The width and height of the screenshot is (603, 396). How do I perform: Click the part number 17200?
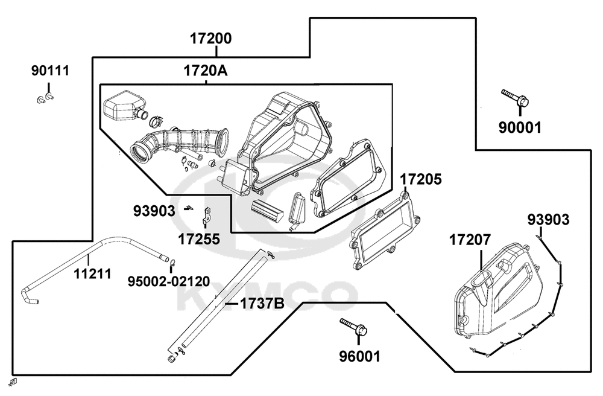coord(211,39)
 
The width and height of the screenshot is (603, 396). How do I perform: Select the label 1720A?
coord(206,71)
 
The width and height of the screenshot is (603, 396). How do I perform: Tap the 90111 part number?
coord(50,71)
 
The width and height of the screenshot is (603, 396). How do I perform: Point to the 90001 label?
coord(520,127)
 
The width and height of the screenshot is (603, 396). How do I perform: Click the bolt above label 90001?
coord(515,98)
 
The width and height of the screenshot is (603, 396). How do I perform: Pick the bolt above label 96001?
coord(353,326)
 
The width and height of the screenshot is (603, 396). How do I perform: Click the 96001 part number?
coord(359,356)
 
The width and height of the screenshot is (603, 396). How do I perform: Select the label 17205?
coord(421,179)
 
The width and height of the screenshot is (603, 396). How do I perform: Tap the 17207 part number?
coord(470,240)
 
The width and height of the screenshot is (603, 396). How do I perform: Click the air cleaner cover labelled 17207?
coord(496,289)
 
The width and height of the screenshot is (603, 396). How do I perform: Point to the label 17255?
coord(199,239)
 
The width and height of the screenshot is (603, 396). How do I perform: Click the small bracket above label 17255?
coord(206,216)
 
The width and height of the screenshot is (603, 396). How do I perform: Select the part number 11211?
coord(92,274)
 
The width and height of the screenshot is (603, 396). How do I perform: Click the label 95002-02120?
coord(169,281)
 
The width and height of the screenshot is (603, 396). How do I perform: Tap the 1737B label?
coord(262,304)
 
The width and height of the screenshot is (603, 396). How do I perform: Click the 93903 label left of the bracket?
coord(154,211)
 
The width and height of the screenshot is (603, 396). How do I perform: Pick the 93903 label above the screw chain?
coord(548,220)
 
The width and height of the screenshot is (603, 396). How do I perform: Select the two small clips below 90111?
coord(45,97)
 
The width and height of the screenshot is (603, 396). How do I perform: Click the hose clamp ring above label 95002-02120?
coord(172,263)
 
